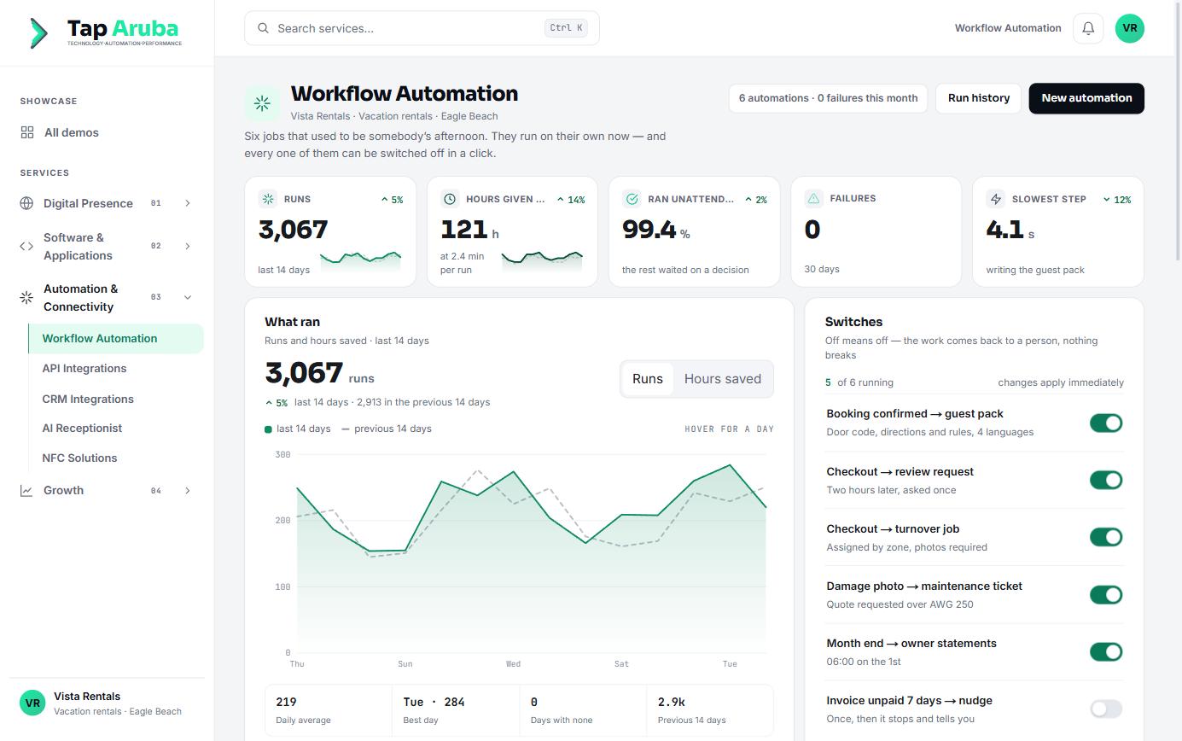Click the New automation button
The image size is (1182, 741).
(1086, 98)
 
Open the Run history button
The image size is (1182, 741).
(978, 98)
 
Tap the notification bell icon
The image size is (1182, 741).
(1088, 28)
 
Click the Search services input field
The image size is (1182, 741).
(422, 28)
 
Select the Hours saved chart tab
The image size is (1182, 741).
(722, 379)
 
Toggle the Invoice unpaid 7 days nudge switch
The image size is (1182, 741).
(1106, 709)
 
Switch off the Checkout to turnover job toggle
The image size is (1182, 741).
(1106, 537)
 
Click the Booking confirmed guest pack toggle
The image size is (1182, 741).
(1106, 423)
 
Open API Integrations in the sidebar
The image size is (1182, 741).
(84, 369)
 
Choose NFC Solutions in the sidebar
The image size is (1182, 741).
(79, 458)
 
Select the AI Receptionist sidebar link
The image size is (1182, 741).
(82, 428)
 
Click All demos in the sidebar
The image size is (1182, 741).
(71, 132)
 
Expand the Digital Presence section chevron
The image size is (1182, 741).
(187, 203)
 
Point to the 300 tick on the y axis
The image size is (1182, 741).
(282, 454)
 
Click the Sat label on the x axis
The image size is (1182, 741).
(621, 664)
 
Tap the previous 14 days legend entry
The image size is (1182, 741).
(387, 429)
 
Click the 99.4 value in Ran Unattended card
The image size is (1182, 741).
(649, 230)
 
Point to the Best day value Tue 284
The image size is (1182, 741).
(434, 702)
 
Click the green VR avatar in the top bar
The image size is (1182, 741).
(1129, 28)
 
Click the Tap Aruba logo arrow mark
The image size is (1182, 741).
(38, 32)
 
